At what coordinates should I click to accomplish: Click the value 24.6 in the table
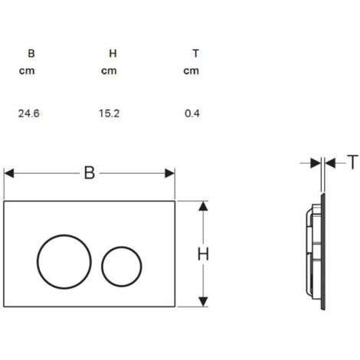(29, 113)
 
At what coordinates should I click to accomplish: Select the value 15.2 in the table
(110, 113)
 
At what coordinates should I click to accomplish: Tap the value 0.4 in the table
(192, 113)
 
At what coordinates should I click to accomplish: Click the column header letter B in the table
(31, 54)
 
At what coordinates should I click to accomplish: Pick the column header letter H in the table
(113, 54)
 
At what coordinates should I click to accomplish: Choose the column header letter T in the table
(196, 54)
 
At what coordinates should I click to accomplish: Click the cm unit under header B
(27, 70)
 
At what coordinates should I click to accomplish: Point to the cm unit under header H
(109, 70)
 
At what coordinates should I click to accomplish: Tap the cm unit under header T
(191, 70)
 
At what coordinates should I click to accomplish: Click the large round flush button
(38, 262)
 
